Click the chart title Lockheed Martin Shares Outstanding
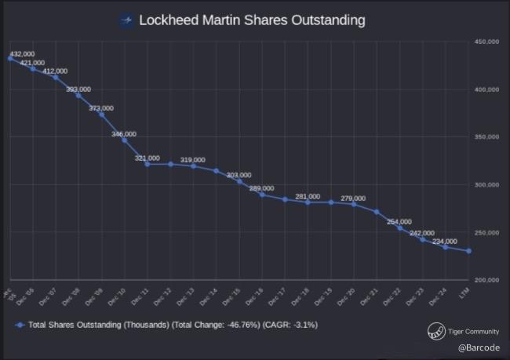tap(252, 20)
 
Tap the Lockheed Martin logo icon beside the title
tap(126, 20)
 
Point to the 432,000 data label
tap(22, 54)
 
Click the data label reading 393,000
tap(78, 89)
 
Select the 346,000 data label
tap(124, 134)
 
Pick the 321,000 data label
tap(148, 158)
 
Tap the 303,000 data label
tap(239, 175)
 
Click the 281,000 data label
tap(308, 197)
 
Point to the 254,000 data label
tap(399, 222)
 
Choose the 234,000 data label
tap(445, 241)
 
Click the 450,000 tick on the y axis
tap(487, 42)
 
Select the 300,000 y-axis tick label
tap(487, 185)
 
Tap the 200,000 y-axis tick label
tap(487, 280)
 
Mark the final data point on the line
tap(469, 251)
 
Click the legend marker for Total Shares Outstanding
tap(19, 324)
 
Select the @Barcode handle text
tap(475, 345)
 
